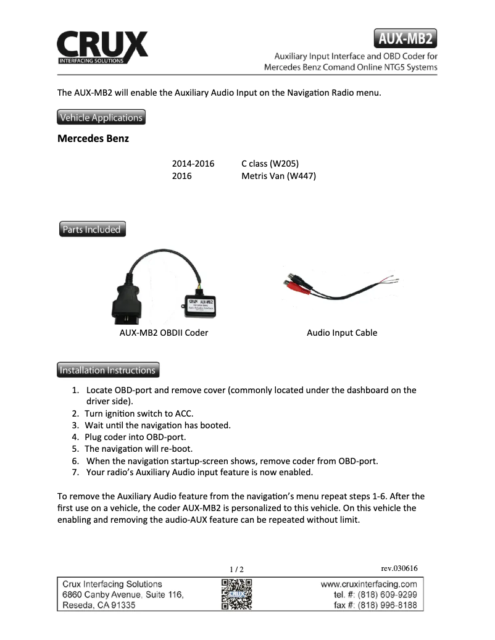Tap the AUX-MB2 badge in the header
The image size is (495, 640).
(406, 38)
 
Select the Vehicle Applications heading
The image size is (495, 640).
(101, 117)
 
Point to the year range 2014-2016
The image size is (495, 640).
(193, 164)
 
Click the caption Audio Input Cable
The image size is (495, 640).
(342, 333)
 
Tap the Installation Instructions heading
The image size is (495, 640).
(107, 370)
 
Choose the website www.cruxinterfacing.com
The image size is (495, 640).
(369, 584)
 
